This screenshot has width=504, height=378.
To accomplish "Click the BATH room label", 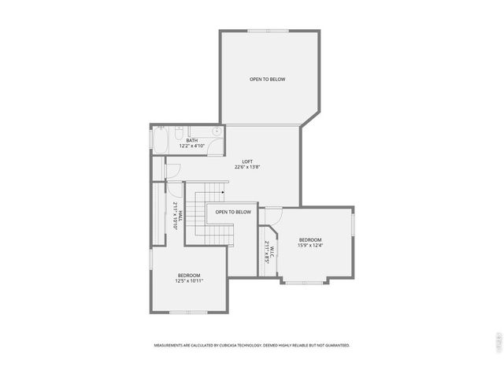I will coord(191,140).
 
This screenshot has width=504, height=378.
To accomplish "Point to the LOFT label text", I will coord(247,161).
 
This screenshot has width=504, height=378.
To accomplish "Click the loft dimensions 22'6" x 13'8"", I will coord(247,167).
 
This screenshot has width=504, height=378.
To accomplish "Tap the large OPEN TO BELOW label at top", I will coord(267,79).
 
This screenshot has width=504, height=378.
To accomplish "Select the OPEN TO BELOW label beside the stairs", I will coord(233,212).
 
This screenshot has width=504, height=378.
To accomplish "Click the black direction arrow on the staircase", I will coord(224,190).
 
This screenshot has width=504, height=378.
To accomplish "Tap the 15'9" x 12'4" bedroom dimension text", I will coord(310,245).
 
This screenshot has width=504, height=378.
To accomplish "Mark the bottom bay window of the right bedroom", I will coord(305,281).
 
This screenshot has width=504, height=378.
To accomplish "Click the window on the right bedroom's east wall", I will coord(353,224).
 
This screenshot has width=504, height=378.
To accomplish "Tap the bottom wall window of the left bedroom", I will coord(188,312).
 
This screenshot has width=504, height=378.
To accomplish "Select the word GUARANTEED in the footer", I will coord(334,345).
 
